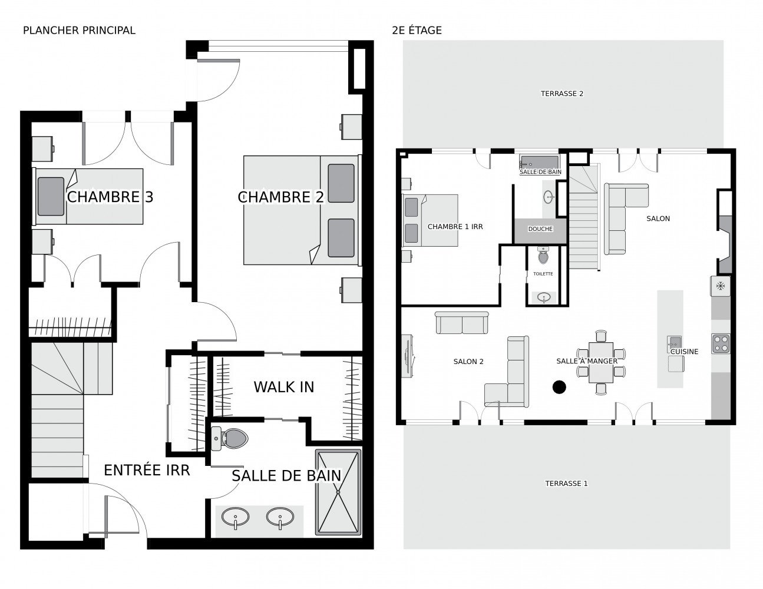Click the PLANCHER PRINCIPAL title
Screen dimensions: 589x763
[79, 30]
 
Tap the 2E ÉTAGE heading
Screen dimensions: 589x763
[417, 30]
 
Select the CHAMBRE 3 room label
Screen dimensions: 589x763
[110, 197]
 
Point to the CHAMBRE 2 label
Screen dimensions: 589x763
[280, 197]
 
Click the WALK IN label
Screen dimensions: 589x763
[283, 387]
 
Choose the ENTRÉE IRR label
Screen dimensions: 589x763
[147, 470]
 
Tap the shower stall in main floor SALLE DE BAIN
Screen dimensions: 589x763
[338, 492]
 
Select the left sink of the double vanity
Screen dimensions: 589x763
[235, 518]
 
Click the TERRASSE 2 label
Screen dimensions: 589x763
[561, 94]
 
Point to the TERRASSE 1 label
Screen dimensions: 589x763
[566, 484]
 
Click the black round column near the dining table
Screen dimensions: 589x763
[559, 387]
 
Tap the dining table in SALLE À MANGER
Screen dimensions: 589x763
[601, 362]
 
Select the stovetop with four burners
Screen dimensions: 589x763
[721, 343]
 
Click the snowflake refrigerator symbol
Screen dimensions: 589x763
[719, 286]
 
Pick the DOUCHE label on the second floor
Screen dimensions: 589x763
[540, 229]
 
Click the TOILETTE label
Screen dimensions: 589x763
[543, 274]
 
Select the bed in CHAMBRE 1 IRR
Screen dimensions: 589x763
[430, 220]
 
